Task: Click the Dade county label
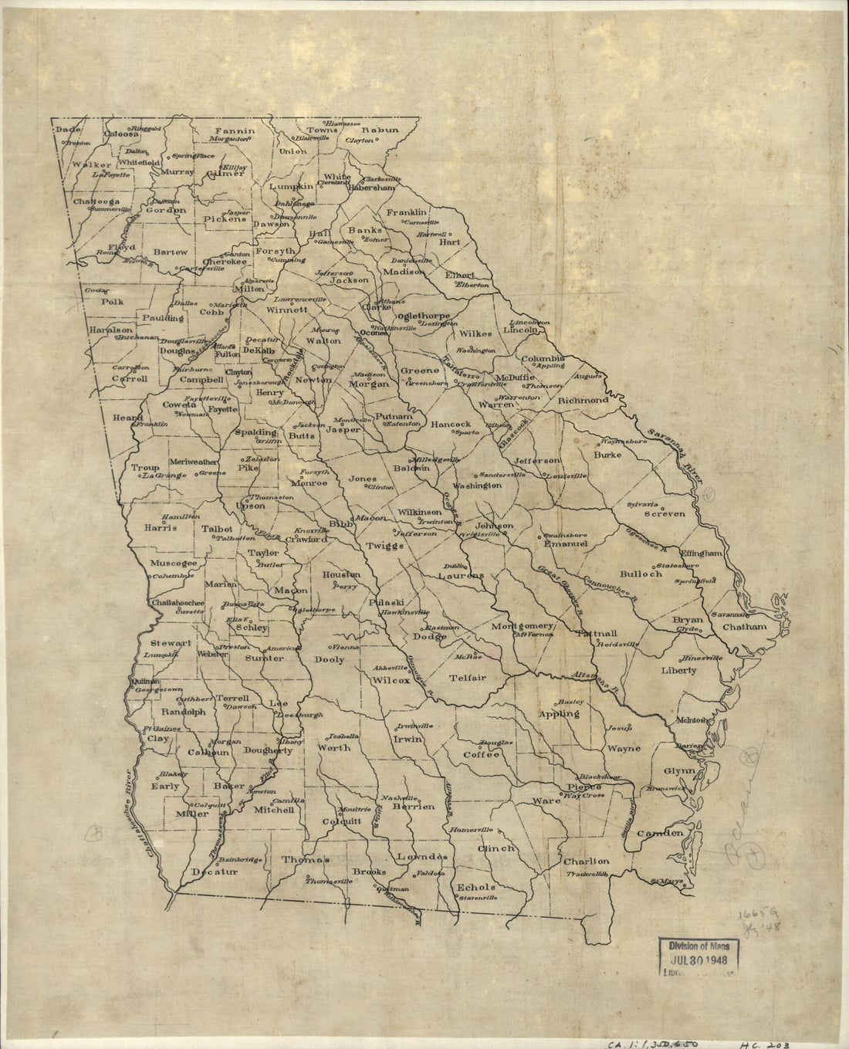tap(63, 130)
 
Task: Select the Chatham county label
tap(745, 627)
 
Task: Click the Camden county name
tap(661, 833)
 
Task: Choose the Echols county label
tap(476, 887)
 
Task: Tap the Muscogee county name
tap(174, 563)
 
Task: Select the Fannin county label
tap(235, 130)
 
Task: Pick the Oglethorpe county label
tap(422, 316)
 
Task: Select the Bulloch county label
tap(641, 574)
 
